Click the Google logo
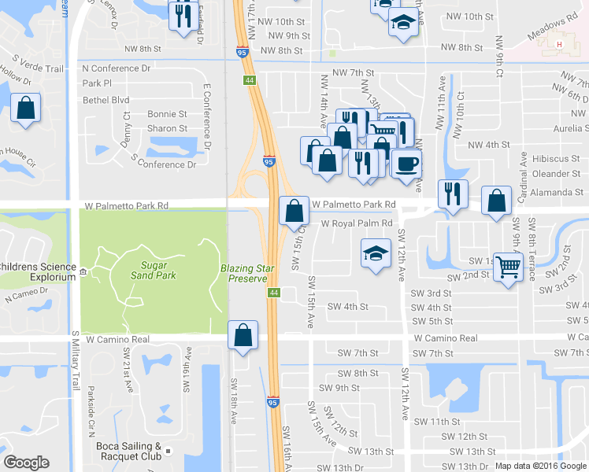[x=27, y=463]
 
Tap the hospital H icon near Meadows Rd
[x=559, y=45]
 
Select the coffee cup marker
[x=406, y=164]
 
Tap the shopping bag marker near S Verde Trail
[x=26, y=109]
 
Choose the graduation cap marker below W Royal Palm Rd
[x=376, y=254]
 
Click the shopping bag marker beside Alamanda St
[x=497, y=201]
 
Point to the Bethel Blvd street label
[x=106, y=100]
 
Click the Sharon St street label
[x=168, y=128]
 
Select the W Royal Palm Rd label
[x=356, y=223]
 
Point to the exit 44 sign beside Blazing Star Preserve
[x=273, y=293]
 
